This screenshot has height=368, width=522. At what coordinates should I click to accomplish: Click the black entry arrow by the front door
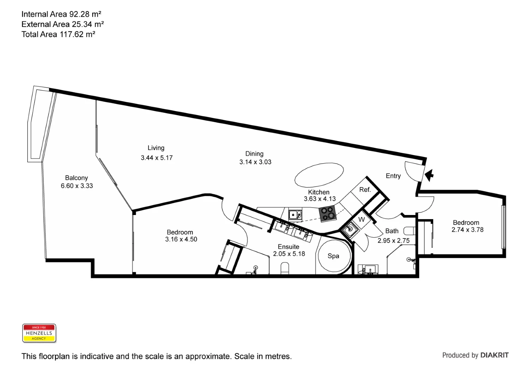tap(429, 175)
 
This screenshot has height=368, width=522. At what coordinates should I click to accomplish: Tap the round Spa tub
tap(334, 256)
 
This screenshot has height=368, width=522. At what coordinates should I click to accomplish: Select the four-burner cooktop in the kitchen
tap(328, 214)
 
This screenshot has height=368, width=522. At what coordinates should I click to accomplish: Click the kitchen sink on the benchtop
tap(295, 215)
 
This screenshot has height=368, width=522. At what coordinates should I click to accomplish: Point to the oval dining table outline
tap(319, 175)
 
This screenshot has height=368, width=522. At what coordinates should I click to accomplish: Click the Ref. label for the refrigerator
tap(365, 190)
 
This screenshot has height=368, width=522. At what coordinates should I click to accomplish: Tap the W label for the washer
tap(362, 219)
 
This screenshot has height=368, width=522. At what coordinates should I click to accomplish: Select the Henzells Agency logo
tap(39, 333)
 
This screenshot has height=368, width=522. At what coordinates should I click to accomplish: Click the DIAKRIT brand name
tap(494, 355)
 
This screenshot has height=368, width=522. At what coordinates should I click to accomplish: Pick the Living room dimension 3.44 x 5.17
tap(157, 158)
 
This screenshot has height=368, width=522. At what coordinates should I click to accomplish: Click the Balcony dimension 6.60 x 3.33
tap(77, 186)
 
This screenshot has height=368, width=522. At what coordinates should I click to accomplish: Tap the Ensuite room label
tap(288, 246)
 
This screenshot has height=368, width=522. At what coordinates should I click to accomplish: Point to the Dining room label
tap(254, 154)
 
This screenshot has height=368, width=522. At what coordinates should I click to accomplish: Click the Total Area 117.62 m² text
tap(58, 34)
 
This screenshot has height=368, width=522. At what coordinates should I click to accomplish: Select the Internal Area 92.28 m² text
tap(61, 14)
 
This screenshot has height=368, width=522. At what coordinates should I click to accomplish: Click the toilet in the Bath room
tap(409, 231)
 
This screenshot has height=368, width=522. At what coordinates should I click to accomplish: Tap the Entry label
tap(393, 176)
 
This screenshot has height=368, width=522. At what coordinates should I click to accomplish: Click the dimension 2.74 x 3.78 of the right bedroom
tap(467, 230)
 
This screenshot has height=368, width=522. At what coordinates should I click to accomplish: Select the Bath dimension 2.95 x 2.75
tap(393, 241)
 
